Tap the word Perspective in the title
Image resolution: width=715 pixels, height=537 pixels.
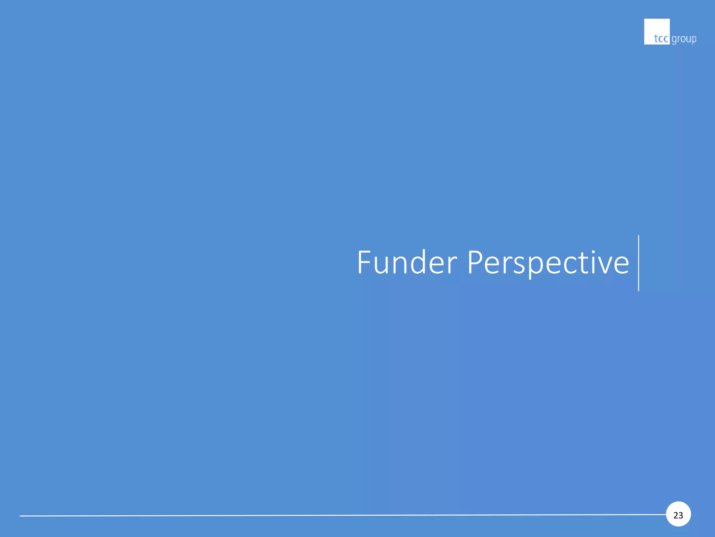point(548,263)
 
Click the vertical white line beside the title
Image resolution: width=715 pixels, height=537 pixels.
point(639,263)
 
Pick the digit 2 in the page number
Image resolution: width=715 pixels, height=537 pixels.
point(676,515)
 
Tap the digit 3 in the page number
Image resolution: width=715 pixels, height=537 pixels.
point(681,515)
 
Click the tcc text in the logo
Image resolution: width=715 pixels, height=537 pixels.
point(661,38)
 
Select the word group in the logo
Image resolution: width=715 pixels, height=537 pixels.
point(684,39)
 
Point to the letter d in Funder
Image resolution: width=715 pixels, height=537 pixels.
point(419,262)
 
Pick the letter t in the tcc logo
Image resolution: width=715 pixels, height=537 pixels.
point(656,38)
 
